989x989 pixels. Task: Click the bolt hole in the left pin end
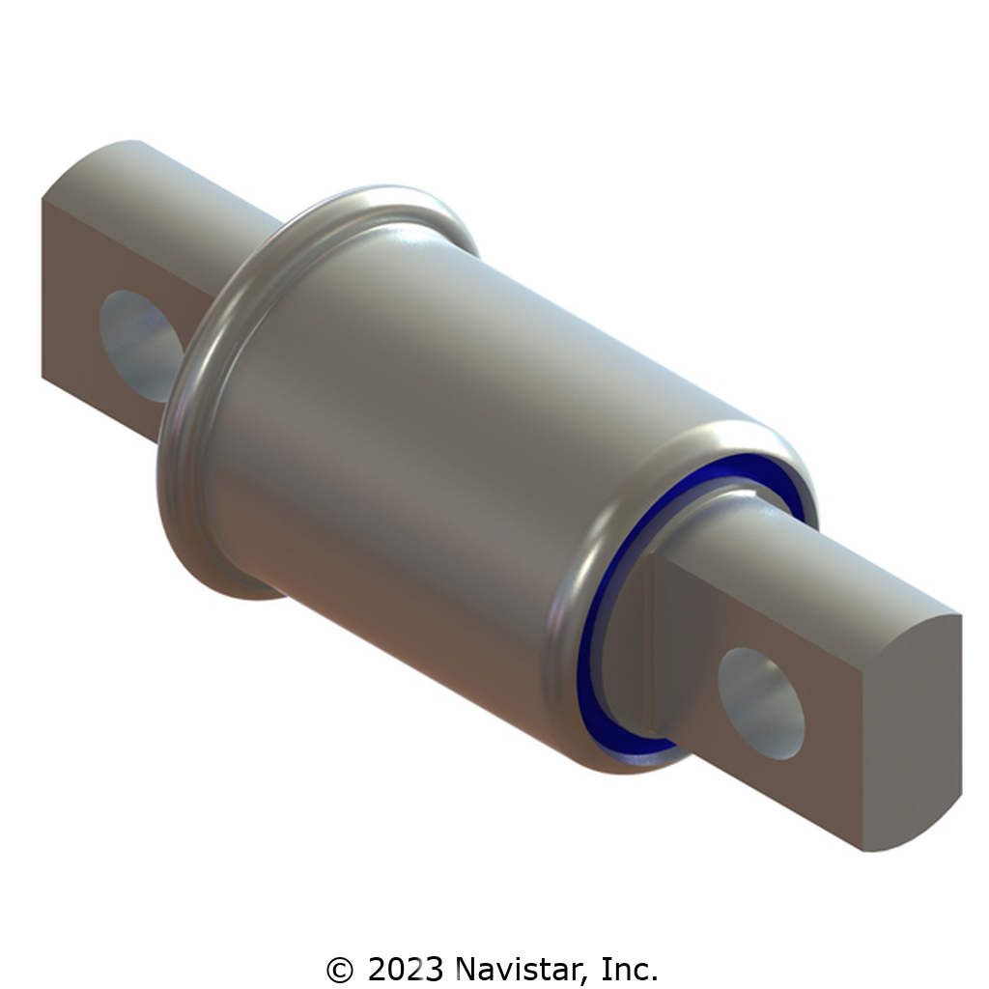pyautogui.click(x=140, y=346)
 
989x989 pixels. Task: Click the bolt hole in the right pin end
pyautogui.click(x=761, y=703)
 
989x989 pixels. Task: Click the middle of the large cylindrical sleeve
pyautogui.click(x=441, y=441)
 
